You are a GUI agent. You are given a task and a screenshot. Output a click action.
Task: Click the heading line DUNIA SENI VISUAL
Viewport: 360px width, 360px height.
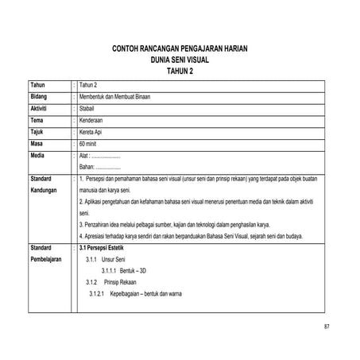click(180, 60)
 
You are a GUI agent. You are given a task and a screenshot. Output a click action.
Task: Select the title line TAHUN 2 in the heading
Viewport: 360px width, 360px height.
click(180, 71)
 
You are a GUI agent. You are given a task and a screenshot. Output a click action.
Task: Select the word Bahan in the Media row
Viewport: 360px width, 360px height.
click(87, 168)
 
